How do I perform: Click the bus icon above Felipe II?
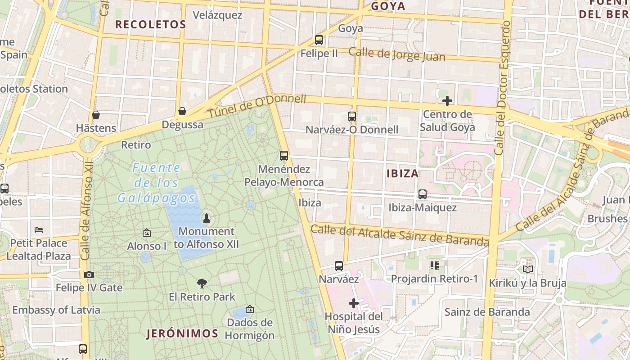tap(319, 40)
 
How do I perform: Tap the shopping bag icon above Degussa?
tap(182, 111)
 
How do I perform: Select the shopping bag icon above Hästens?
tap(95, 115)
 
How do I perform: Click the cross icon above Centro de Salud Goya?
tap(447, 100)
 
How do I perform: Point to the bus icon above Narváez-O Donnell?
tap(352, 117)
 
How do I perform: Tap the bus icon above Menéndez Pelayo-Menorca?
tap(284, 156)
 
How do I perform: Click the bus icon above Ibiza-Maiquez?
tap(423, 194)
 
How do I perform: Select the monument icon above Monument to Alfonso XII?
tap(207, 219)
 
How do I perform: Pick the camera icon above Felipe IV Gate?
tap(89, 274)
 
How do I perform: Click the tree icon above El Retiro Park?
tap(202, 283)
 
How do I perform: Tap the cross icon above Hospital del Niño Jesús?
tap(354, 303)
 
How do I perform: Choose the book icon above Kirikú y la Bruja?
tap(528, 270)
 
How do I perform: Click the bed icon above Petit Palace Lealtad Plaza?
tap(39, 230)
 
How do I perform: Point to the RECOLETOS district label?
tap(151, 25)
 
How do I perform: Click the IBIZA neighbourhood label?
tap(402, 174)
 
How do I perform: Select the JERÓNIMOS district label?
tap(182, 333)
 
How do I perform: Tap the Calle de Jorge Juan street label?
tap(397, 54)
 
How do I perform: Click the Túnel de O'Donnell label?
tap(256, 107)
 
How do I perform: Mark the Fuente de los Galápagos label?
tap(157, 183)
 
